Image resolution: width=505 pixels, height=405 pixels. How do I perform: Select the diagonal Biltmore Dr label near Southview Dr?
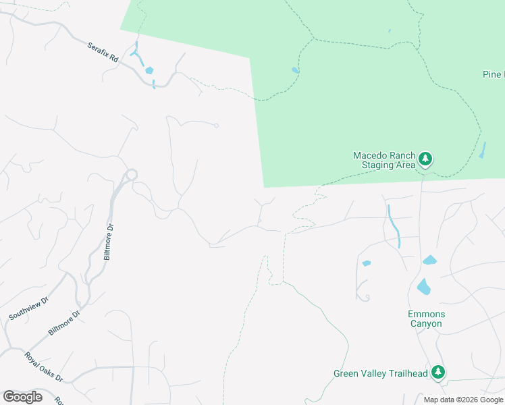pyautogui.click(x=64, y=323)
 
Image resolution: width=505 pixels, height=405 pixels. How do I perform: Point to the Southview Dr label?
pyautogui.click(x=29, y=308)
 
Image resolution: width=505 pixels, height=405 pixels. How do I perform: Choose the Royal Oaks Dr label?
pyautogui.click(x=43, y=367)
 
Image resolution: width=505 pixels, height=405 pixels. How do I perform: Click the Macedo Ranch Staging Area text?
pyautogui.click(x=383, y=160)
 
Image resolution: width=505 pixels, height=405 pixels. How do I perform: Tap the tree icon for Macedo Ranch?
pyautogui.click(x=425, y=159)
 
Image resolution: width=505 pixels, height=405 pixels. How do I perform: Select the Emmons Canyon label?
pyautogui.click(x=425, y=319)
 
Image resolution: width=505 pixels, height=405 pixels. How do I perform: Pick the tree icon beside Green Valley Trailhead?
pyautogui.click(x=437, y=372)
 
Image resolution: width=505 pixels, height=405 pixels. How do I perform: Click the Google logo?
pyautogui.click(x=22, y=397)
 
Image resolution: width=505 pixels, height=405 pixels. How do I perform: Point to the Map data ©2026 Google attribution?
pyautogui.click(x=463, y=400)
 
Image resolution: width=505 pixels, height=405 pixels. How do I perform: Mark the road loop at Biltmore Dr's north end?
pyautogui.click(x=131, y=174)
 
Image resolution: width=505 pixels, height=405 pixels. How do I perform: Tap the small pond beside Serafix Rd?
pyautogui.click(x=149, y=70)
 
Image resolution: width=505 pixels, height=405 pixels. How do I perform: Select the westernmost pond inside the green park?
pyautogui.click(x=295, y=70)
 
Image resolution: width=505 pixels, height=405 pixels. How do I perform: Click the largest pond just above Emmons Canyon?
pyautogui.click(x=423, y=287)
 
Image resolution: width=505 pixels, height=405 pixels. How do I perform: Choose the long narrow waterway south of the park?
pyautogui.click(x=394, y=226)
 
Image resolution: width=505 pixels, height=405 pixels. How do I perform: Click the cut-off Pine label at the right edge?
pyautogui.click(x=494, y=74)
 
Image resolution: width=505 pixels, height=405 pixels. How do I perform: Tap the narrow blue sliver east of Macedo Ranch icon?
pyautogui.click(x=482, y=151)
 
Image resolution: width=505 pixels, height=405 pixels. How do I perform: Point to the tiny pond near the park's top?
pyautogui.click(x=390, y=30)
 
